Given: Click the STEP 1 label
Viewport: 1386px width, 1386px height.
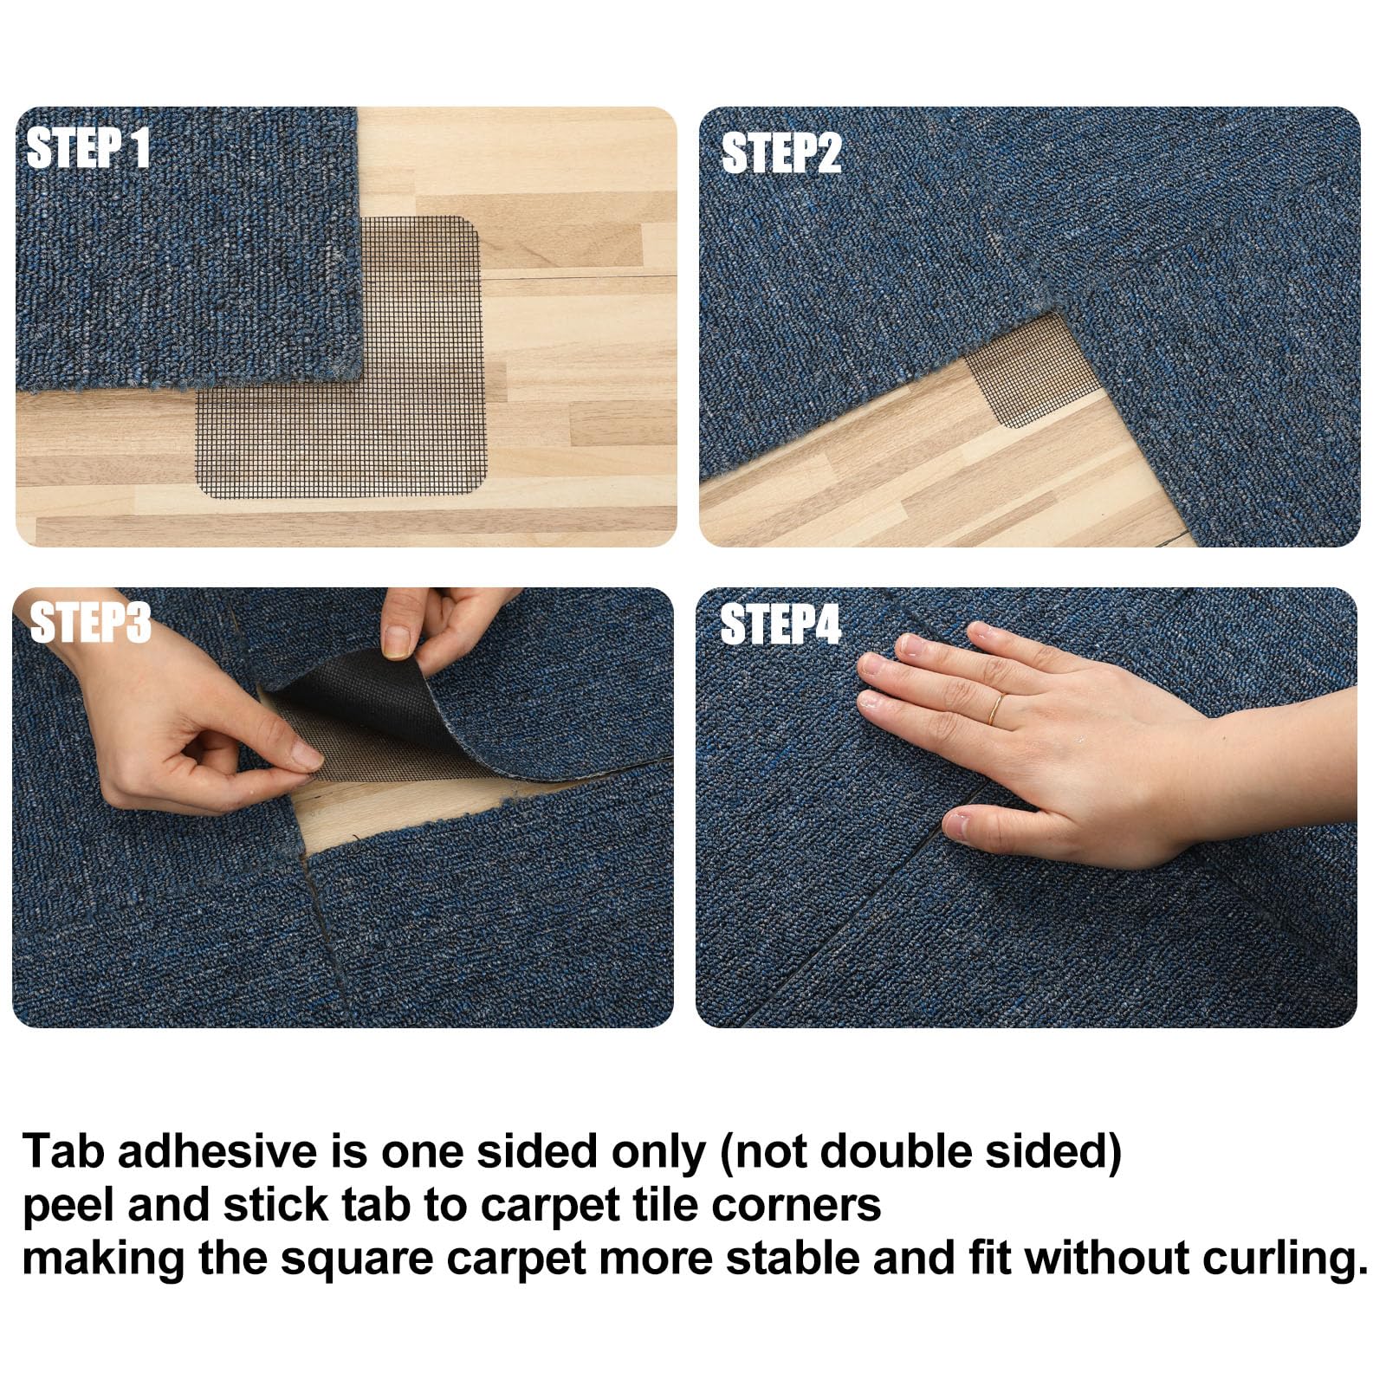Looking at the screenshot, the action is [x=88, y=148].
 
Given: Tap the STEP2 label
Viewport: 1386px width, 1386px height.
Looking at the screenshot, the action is [x=781, y=153].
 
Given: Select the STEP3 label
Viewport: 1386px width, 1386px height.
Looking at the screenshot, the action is [x=91, y=622].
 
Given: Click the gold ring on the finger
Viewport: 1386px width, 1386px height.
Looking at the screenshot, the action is [x=996, y=709].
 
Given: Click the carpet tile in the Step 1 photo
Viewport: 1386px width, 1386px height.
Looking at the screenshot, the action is [x=186, y=247].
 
